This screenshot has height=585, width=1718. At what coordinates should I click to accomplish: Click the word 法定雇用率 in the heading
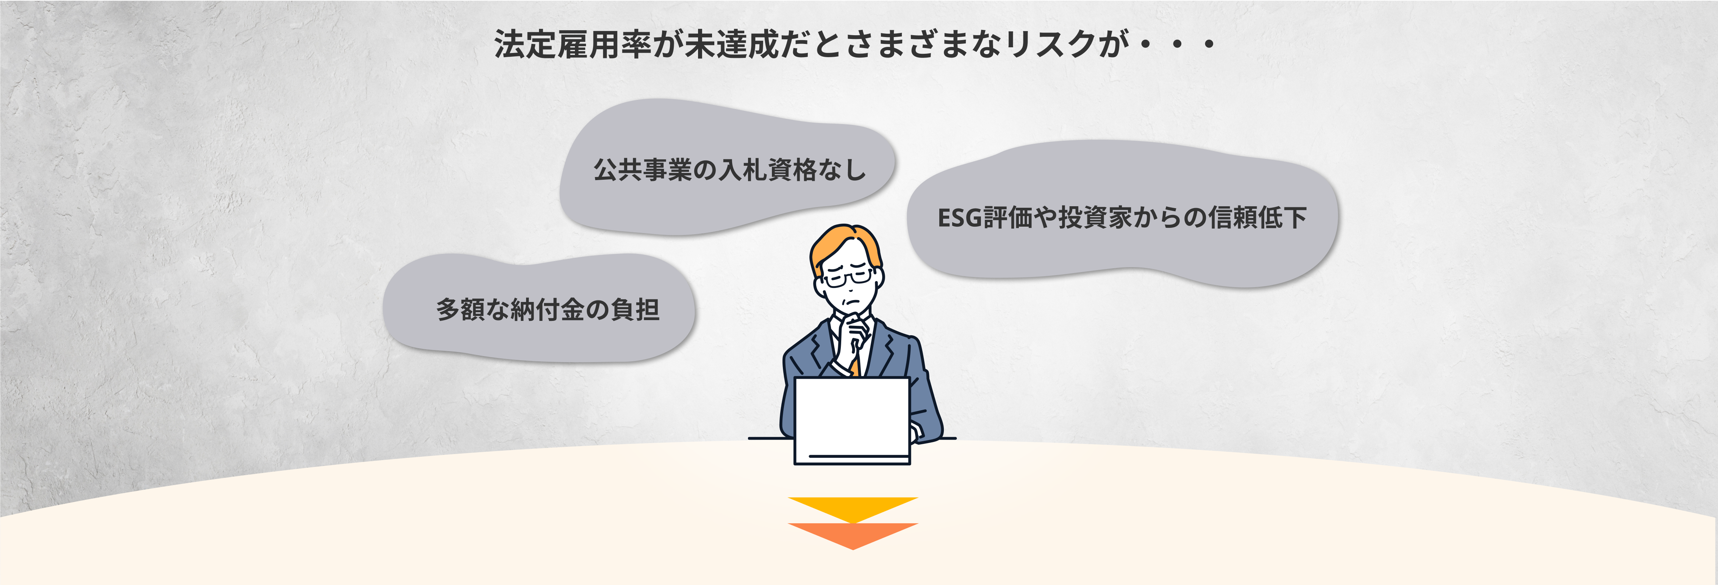(572, 45)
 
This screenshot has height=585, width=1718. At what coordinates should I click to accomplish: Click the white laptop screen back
(852, 417)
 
